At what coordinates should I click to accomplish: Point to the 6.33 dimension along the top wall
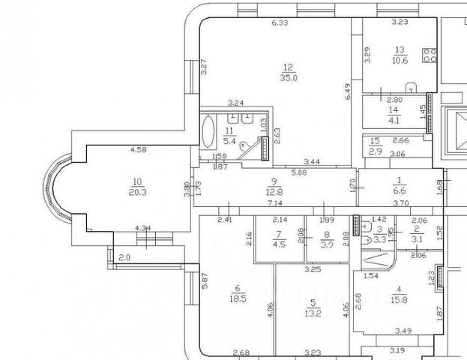[x=280, y=23]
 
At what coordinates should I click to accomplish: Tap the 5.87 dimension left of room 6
[x=204, y=286]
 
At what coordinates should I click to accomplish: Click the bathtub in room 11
[x=208, y=132]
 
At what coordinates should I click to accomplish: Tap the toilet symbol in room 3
[x=365, y=241]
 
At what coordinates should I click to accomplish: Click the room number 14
[x=393, y=110]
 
